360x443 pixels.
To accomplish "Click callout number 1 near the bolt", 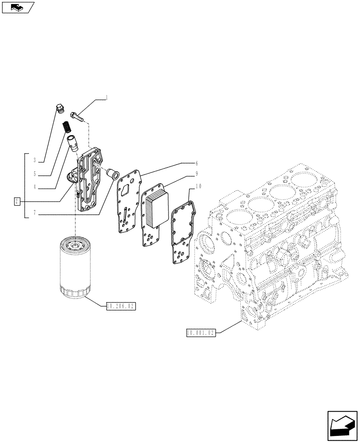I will pyautogui.click(x=106, y=97).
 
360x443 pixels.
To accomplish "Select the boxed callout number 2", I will pyautogui.click(x=17, y=202).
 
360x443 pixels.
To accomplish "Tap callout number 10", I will pyautogui.click(x=197, y=187).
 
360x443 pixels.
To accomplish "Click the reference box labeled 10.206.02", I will pyautogui.click(x=121, y=306).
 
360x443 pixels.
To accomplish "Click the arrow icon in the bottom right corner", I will pyautogui.click(x=341, y=425).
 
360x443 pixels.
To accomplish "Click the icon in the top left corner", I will pyautogui.click(x=17, y=7).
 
